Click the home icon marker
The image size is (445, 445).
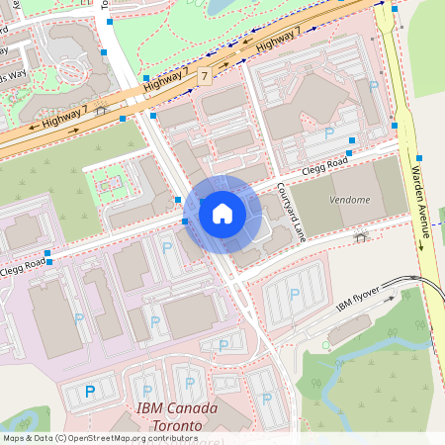pyautogui.click(x=222, y=213)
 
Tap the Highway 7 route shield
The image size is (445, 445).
pyautogui.click(x=205, y=76)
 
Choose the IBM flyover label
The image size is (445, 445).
pyautogui.click(x=357, y=299)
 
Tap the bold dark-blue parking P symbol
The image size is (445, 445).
pyautogui.click(x=90, y=392)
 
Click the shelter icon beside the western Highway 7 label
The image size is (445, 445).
pyautogui.click(x=101, y=111)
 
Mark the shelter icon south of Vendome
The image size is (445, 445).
pyautogui.click(x=362, y=236)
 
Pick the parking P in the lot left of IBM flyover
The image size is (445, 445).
pyautogui.click(x=294, y=293)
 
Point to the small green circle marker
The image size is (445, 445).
pyautogui.click(x=326, y=345)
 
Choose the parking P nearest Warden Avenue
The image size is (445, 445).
pyautogui.click(x=373, y=87)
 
